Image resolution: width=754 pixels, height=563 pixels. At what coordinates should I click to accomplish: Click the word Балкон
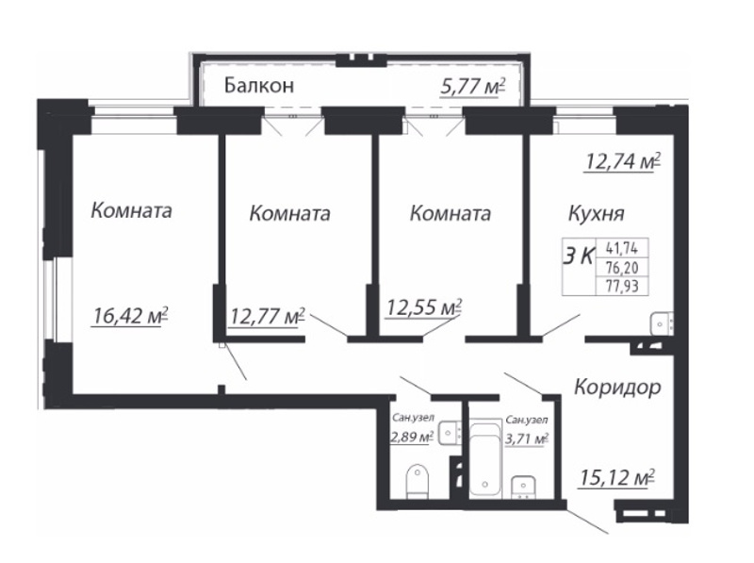258,86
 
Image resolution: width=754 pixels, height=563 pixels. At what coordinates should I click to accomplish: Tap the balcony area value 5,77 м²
473,87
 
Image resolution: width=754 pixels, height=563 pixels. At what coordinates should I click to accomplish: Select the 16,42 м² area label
130,316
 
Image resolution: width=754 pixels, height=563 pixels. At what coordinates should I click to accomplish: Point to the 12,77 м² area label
268,316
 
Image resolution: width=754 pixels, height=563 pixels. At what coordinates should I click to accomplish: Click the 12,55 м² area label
424,307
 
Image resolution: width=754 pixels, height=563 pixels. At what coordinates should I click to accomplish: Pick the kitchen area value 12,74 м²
622,161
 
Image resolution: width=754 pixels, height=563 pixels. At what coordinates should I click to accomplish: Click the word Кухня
597,213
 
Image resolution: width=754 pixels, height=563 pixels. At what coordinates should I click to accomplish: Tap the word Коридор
618,387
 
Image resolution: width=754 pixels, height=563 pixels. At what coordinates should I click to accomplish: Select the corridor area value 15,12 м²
617,478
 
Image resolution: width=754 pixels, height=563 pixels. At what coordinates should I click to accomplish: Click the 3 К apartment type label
579,257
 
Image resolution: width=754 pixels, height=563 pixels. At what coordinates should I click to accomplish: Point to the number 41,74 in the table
622,248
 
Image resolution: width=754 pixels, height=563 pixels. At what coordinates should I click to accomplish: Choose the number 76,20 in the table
622,268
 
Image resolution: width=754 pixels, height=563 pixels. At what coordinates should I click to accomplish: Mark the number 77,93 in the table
622,287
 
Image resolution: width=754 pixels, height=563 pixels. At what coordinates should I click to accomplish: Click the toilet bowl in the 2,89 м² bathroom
417,481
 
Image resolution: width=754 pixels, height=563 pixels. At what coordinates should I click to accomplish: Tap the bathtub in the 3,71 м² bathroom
485,459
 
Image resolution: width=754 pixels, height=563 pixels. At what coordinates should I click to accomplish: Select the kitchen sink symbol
662,323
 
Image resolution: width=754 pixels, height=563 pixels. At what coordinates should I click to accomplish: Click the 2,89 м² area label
412,437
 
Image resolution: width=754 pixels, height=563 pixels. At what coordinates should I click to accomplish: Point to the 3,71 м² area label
527,439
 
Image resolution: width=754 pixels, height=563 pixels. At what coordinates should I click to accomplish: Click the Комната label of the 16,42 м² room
131,210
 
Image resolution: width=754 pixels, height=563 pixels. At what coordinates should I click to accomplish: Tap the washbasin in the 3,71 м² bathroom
523,487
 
